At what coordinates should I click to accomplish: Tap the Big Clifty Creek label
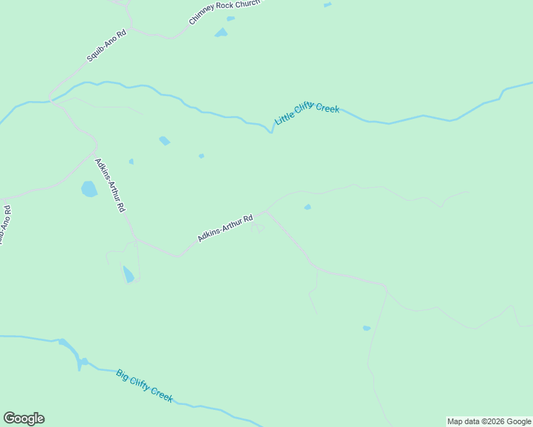tap(145, 386)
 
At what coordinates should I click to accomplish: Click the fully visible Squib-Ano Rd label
tap(106, 45)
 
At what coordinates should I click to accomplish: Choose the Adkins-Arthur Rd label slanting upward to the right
tap(225, 228)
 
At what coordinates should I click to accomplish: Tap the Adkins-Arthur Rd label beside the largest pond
tap(110, 185)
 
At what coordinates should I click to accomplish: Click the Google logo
tap(24, 418)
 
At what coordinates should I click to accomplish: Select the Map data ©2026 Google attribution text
tap(489, 421)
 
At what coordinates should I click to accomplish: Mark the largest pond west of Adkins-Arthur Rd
tap(89, 189)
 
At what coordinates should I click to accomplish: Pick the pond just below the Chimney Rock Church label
tap(221, 33)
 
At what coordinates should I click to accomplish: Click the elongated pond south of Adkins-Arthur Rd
tap(128, 274)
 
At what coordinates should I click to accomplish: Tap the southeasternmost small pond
tap(366, 328)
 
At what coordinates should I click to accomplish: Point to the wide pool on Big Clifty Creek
tap(70, 351)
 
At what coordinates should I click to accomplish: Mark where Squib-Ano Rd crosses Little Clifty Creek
tap(51, 101)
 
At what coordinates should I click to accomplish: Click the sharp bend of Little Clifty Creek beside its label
tap(271, 130)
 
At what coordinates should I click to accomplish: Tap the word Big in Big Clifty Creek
tap(123, 374)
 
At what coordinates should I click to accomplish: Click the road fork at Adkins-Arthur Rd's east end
tap(267, 211)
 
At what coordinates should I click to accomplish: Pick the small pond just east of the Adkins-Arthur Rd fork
tap(307, 207)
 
